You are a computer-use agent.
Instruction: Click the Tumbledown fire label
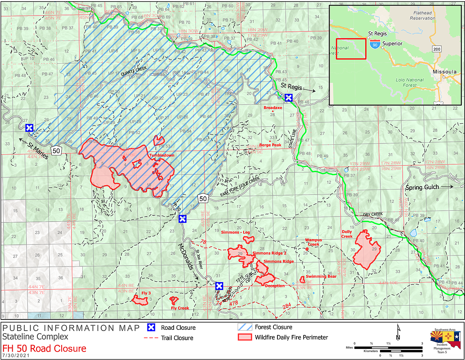(161, 155)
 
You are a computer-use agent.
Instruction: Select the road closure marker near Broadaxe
(289, 98)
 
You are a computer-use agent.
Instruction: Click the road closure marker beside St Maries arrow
(29, 128)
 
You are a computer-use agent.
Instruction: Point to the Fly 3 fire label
(146, 293)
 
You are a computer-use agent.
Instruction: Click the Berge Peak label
(270, 145)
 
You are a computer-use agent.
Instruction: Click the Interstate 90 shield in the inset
(374, 45)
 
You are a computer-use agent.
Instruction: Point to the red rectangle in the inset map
(351, 49)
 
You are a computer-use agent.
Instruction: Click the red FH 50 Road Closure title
(44, 348)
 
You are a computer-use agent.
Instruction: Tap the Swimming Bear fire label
(321, 276)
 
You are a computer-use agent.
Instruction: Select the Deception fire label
(275, 286)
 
